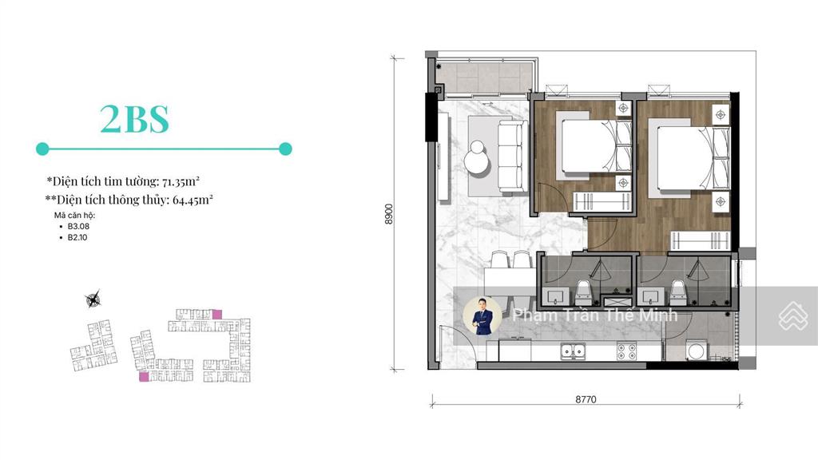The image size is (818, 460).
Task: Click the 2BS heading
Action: (134, 119)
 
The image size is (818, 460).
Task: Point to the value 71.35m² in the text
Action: (181, 181)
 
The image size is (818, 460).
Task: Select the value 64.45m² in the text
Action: (193, 200)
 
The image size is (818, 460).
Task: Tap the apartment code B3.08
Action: (78, 226)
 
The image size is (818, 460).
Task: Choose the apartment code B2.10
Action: (77, 237)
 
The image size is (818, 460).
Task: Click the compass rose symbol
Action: (93, 299)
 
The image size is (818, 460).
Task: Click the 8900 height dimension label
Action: (389, 214)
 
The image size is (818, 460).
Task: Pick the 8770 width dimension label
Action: (586, 399)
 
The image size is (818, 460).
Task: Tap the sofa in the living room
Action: (510, 156)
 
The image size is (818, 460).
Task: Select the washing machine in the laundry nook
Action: (696, 351)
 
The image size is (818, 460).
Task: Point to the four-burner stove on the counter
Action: (626, 351)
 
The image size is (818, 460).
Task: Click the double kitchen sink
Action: (573, 351)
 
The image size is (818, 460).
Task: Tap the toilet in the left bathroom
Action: (583, 293)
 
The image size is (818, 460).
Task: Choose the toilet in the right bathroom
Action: (678, 293)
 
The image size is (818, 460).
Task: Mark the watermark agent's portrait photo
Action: (482, 315)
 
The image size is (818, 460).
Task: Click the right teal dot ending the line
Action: (285, 149)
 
